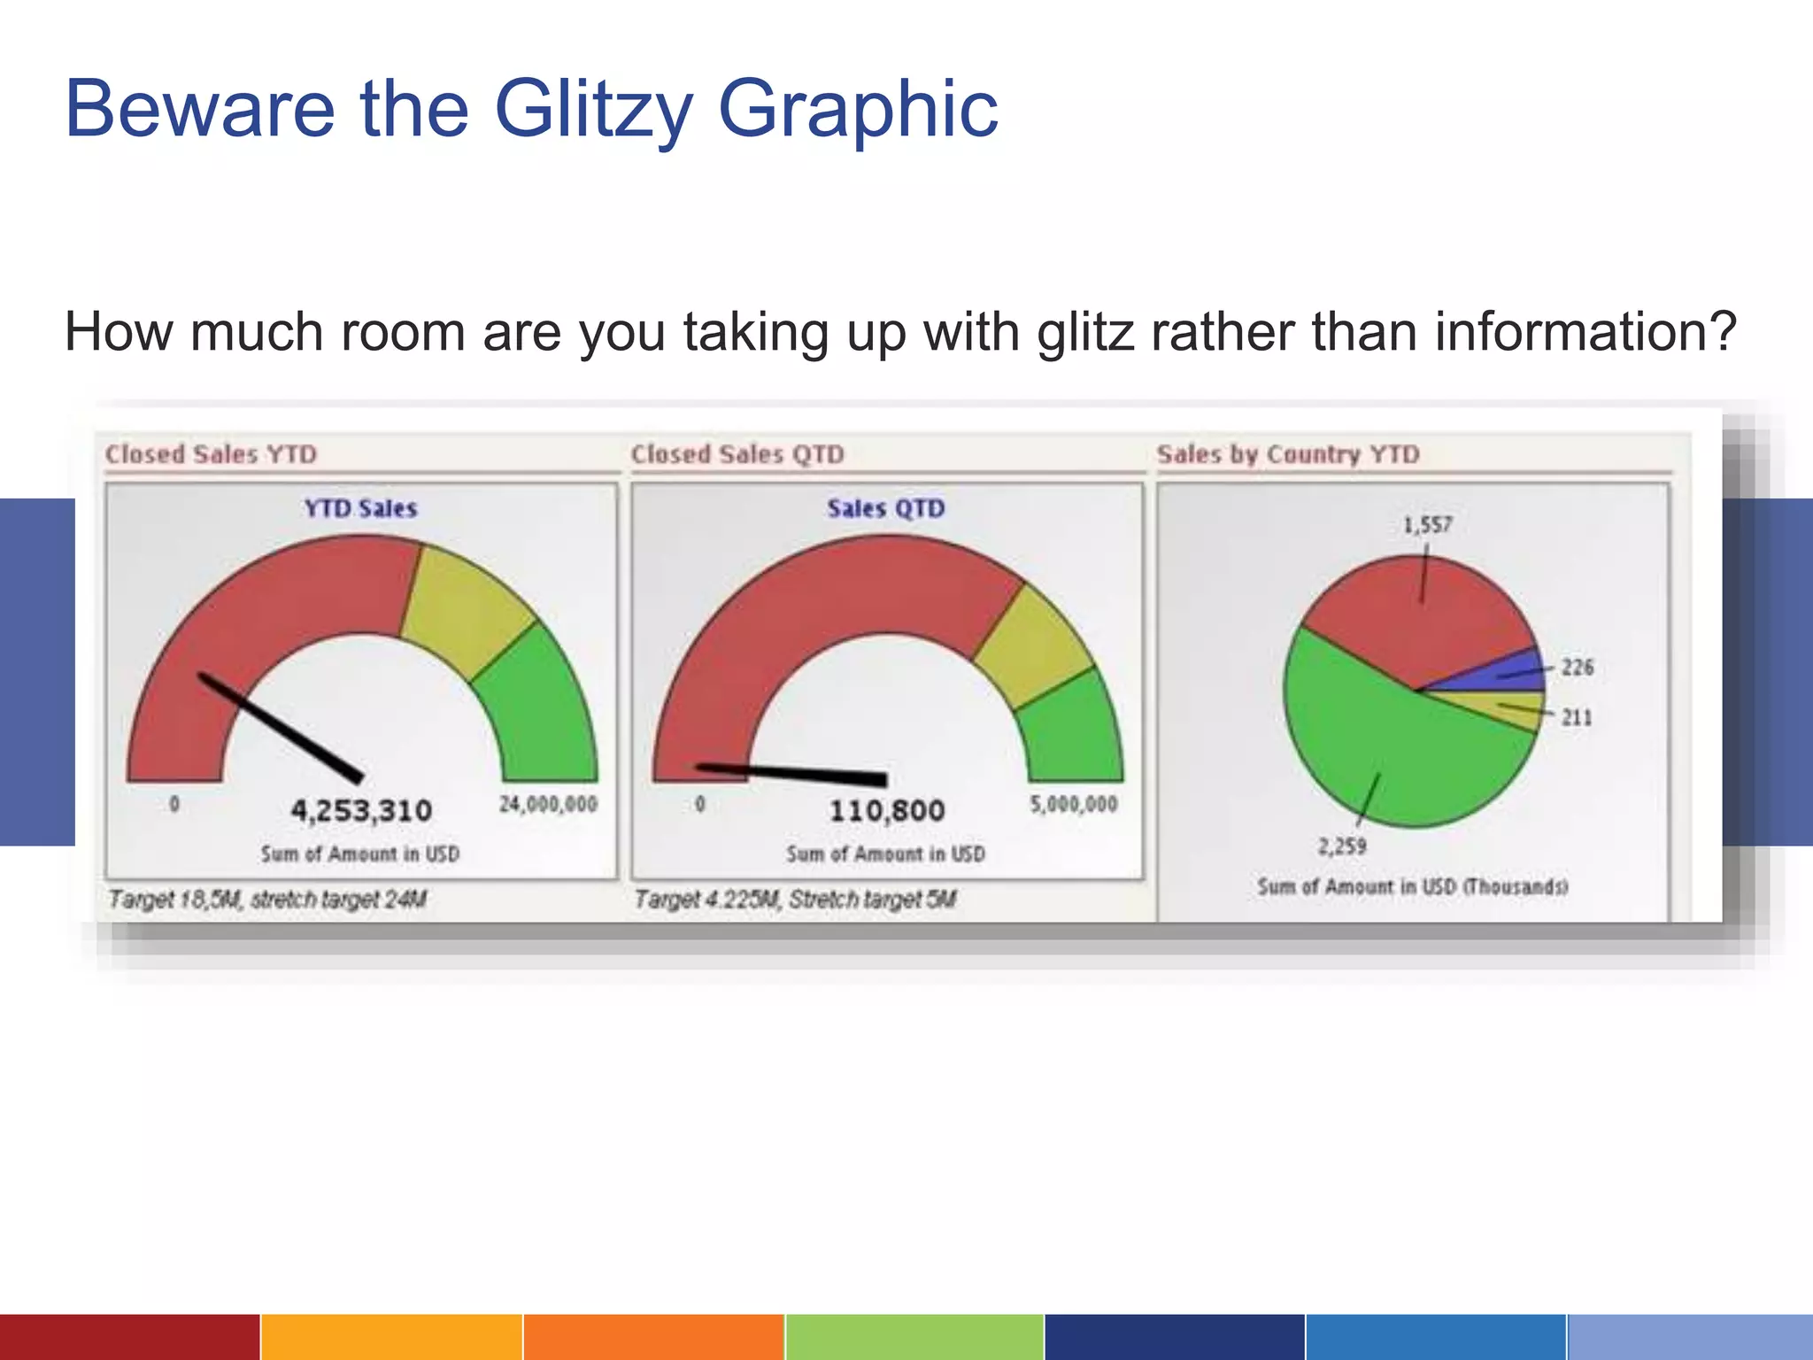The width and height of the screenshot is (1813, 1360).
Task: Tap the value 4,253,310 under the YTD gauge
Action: [x=361, y=810]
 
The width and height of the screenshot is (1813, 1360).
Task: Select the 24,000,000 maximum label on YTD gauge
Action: [x=548, y=804]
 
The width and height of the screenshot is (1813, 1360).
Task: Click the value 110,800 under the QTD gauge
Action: [x=887, y=810]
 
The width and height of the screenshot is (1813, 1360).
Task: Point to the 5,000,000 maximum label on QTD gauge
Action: [x=1073, y=804]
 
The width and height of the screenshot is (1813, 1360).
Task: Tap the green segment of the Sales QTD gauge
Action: [x=1071, y=730]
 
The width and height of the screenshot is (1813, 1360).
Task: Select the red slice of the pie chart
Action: [x=1416, y=620]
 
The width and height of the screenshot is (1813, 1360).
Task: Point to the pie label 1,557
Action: [x=1427, y=525]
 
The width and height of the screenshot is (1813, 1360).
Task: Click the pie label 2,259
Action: [x=1342, y=846]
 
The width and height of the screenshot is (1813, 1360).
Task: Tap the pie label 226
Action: [x=1577, y=667]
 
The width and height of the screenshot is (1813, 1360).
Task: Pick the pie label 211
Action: [x=1576, y=717]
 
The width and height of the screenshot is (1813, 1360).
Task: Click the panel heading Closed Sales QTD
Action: [x=737, y=454]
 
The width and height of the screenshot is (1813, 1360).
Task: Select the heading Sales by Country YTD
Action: [x=1288, y=454]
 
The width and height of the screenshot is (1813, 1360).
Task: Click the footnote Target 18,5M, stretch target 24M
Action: [x=267, y=900]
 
